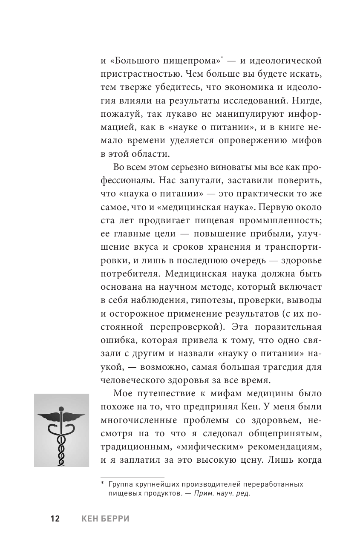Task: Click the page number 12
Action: [x=55, y=519]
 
